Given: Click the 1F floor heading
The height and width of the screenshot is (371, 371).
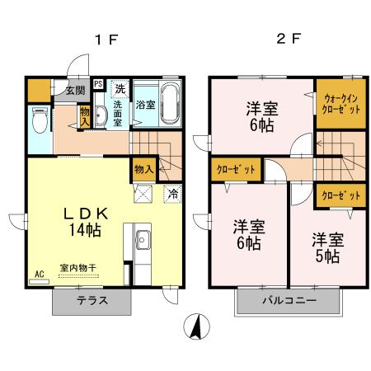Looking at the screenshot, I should click(101, 40).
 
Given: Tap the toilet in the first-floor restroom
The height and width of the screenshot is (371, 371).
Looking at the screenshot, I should click(39, 120).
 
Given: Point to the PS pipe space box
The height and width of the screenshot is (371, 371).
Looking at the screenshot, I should click(98, 84).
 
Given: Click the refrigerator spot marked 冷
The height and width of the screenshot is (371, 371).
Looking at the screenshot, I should click(173, 195).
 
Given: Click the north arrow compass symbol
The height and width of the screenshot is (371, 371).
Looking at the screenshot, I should click(196, 327).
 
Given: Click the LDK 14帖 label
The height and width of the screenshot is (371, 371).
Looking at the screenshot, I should click(82, 222).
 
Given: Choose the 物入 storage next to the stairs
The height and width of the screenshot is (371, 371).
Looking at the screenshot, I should click(143, 168).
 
